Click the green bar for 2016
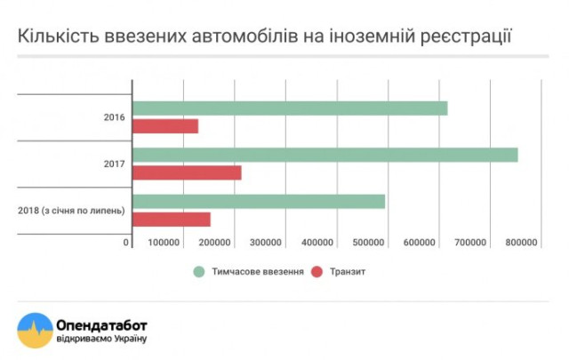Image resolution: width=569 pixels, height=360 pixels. tap(290, 108)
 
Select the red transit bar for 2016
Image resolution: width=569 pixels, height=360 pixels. tap(165, 126)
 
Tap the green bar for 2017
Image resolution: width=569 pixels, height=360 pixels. tap(325, 155)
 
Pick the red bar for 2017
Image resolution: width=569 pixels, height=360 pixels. tap(187, 172)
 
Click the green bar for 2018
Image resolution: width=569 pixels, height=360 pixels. tap(259, 202)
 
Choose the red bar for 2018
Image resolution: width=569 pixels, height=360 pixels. tap(172, 220)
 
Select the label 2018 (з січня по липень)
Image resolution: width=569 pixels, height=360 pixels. tap(71, 211)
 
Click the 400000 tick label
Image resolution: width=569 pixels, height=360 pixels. tap(317, 243)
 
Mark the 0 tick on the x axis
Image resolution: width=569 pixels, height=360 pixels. tap(127, 243)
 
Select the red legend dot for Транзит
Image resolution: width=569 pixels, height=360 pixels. tap(317, 271)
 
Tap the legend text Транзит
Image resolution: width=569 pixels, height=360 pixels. tap(347, 271)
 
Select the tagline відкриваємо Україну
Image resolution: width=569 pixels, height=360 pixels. tap(100, 339)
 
